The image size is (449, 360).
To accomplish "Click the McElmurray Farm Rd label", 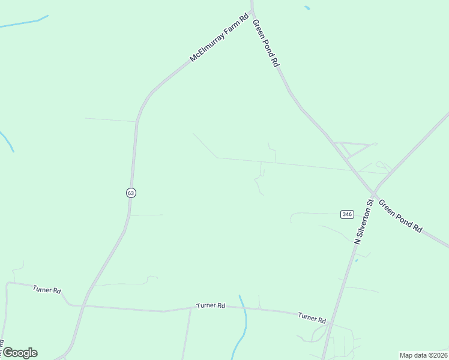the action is (219, 38).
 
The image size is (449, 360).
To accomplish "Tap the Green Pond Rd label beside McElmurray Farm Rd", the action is (267, 43).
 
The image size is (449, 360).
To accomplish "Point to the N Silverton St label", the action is (364, 221).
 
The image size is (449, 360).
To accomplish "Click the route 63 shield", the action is (131, 193).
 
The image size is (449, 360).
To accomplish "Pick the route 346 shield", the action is (347, 214).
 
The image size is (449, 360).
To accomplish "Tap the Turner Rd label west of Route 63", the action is (47, 290).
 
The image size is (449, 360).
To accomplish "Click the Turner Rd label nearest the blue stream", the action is (211, 306).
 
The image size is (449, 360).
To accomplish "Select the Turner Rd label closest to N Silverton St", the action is (312, 317).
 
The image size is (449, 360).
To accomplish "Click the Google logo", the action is (20, 353).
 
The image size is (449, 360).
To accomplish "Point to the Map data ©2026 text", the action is (423, 355).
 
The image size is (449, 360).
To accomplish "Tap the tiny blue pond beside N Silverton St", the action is (357, 260).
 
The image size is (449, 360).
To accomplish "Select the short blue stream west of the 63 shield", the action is (7, 142).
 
